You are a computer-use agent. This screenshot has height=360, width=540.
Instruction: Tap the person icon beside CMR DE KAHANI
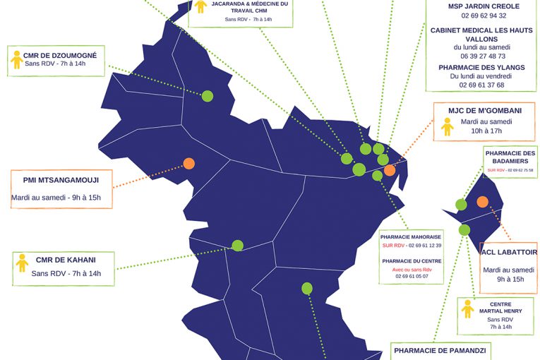point(22,263)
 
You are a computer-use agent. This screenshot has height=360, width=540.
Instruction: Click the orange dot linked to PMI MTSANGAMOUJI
point(189,163)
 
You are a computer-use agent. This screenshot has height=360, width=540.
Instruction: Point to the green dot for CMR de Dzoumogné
point(208,96)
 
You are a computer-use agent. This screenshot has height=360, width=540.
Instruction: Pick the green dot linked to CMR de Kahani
point(238,246)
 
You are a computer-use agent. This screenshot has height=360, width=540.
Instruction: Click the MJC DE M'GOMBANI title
point(485,110)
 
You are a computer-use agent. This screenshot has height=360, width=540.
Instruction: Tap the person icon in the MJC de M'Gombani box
point(446,126)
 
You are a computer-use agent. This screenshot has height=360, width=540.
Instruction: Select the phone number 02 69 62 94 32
point(483,16)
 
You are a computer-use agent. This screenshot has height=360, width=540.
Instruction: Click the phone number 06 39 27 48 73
point(483,56)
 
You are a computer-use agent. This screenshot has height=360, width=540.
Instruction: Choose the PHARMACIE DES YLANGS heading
point(481,67)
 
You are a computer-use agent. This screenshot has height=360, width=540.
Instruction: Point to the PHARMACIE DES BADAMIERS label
point(510,157)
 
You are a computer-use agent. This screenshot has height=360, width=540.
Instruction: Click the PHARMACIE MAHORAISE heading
point(411,237)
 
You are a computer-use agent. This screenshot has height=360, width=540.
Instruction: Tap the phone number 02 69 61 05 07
point(411,277)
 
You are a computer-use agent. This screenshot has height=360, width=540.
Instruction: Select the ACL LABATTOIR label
point(509,252)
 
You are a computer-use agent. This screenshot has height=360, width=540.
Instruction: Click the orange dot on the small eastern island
point(482,201)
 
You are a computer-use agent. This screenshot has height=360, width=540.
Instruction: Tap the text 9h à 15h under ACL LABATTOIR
point(510,279)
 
